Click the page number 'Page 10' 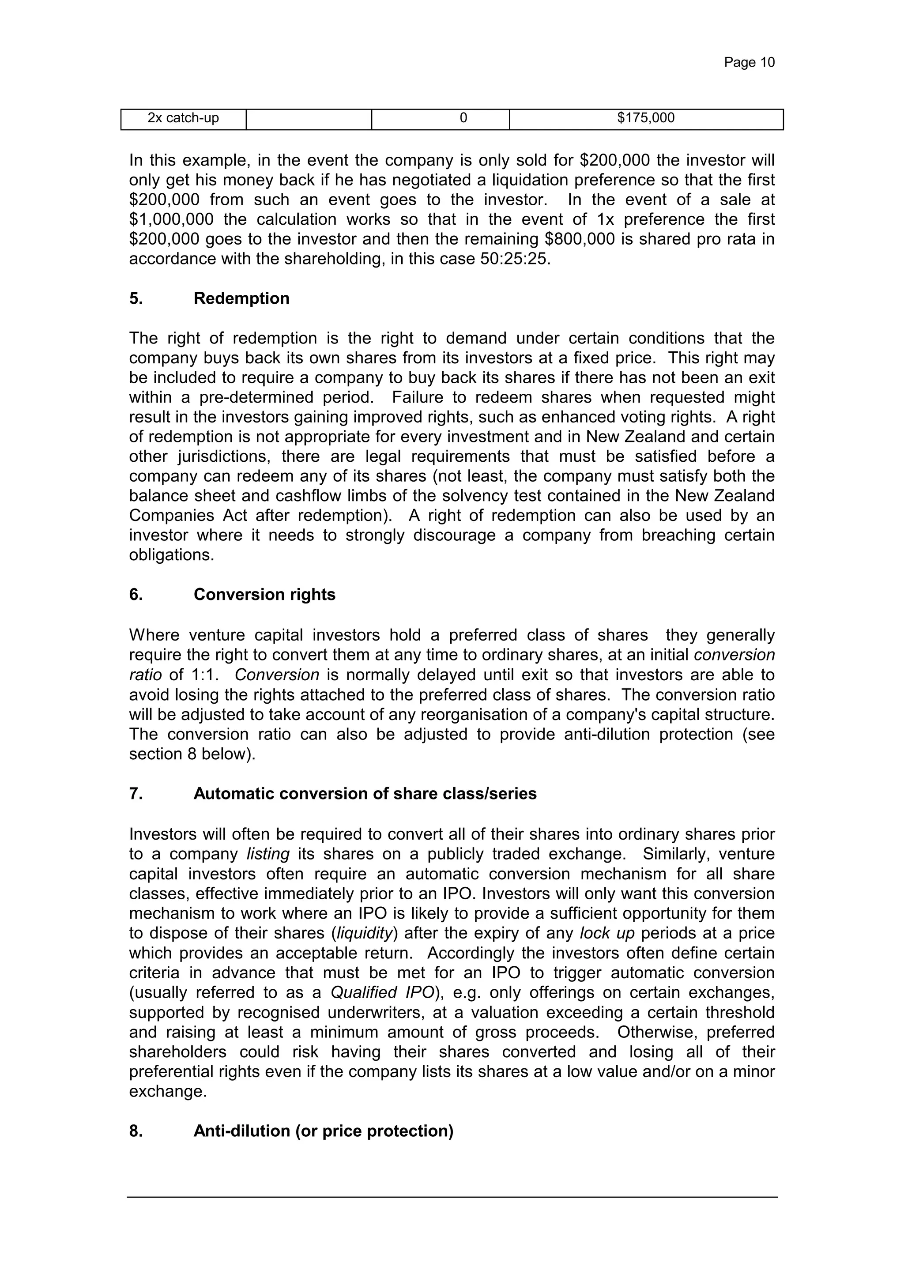[x=749, y=62]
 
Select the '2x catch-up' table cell [x=183, y=118]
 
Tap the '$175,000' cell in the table [x=646, y=118]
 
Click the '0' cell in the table [x=463, y=118]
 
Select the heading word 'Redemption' [x=241, y=299]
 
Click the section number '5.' [x=136, y=299]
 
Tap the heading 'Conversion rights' [x=264, y=595]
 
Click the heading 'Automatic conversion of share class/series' [x=365, y=794]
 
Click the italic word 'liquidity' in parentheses [x=365, y=934]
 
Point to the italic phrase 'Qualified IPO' [x=382, y=992]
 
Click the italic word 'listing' [x=268, y=854]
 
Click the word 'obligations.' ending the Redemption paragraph [x=171, y=555]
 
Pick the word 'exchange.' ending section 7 [x=168, y=1092]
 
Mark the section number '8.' [x=136, y=1131]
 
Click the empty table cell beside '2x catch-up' [x=309, y=118]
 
